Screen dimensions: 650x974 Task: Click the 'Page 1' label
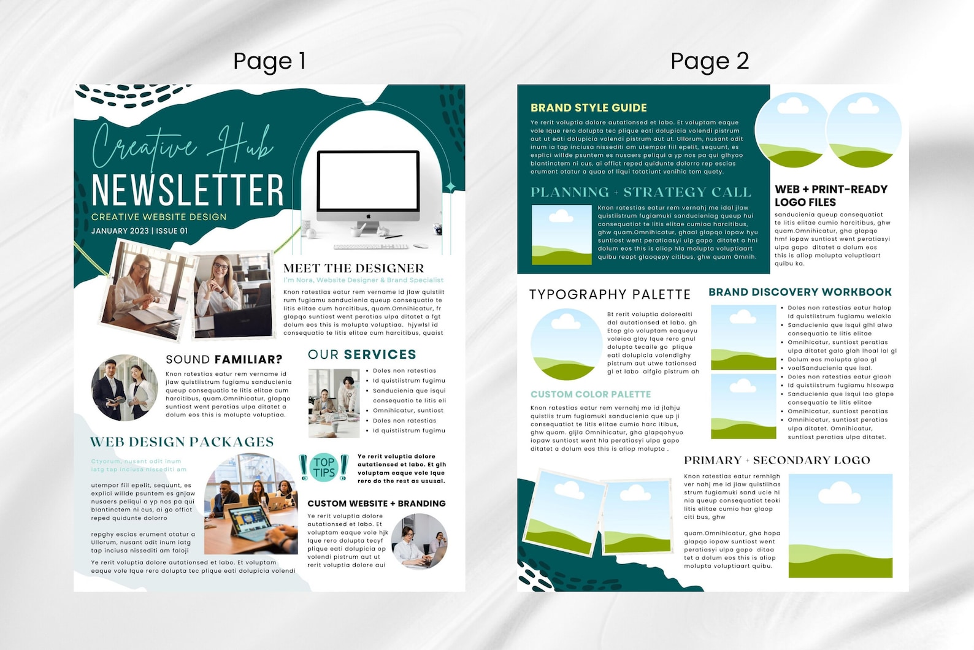point(269,61)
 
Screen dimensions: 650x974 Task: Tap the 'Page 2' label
point(710,61)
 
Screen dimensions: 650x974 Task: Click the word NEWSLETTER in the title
point(187,189)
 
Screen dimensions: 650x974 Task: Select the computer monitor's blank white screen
point(368,181)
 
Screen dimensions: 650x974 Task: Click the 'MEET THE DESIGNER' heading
point(353,269)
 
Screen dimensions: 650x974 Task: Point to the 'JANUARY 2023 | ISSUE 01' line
point(139,231)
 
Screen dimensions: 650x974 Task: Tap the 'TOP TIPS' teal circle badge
point(324,467)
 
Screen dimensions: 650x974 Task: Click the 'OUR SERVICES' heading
point(362,354)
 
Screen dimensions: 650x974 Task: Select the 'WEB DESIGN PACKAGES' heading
point(182,442)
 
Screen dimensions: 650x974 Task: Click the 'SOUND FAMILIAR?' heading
point(224,359)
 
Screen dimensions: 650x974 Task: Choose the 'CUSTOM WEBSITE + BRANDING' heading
point(376,503)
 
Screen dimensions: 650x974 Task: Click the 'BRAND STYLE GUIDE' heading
point(588,108)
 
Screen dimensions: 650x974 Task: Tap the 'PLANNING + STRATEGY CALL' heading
point(640,193)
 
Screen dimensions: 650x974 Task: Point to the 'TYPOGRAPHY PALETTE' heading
point(610,294)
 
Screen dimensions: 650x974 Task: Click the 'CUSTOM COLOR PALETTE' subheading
point(591,394)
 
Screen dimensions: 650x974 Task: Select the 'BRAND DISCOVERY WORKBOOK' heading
point(800,292)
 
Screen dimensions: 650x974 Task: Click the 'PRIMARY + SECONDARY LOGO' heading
point(777,461)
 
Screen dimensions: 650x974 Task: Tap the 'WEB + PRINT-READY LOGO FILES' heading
point(830,196)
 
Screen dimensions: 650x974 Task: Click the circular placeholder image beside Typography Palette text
point(566,344)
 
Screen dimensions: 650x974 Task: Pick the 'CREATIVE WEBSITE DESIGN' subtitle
point(159,217)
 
